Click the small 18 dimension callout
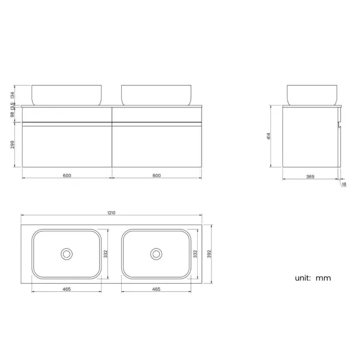point(343,184)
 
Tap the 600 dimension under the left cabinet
point(66,176)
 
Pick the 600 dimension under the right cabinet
point(156,176)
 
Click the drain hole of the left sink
point(66,254)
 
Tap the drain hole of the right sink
point(156,254)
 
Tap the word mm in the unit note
point(323,278)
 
